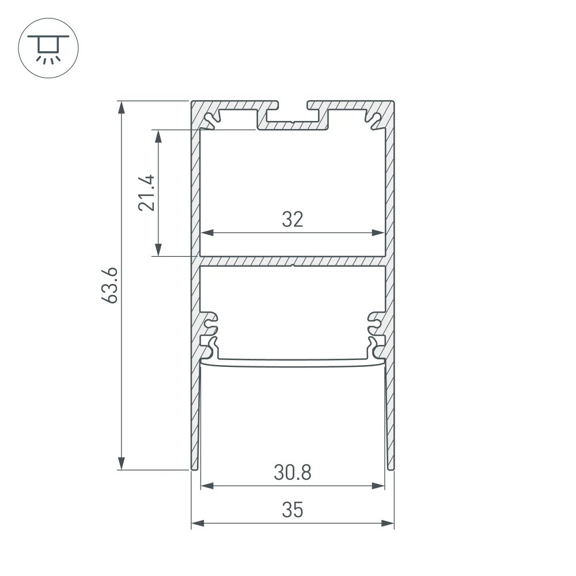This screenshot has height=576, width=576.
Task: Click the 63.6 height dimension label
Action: pyautogui.click(x=112, y=285)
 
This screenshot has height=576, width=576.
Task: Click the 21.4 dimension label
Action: pyautogui.click(x=146, y=193)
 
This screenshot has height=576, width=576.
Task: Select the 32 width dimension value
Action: pyautogui.click(x=292, y=219)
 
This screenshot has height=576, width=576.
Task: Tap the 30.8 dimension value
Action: pyautogui.click(x=292, y=473)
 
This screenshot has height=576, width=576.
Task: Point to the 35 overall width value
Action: pyautogui.click(x=292, y=510)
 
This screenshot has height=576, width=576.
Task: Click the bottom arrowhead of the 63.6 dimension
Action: pyautogui.click(x=122, y=463)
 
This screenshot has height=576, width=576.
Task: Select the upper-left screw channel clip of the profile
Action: pyautogui.click(x=214, y=120)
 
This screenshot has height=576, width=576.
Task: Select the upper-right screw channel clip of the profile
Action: pyautogui.click(x=373, y=120)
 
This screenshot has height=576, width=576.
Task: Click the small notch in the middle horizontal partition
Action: pyautogui.click(x=293, y=266)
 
